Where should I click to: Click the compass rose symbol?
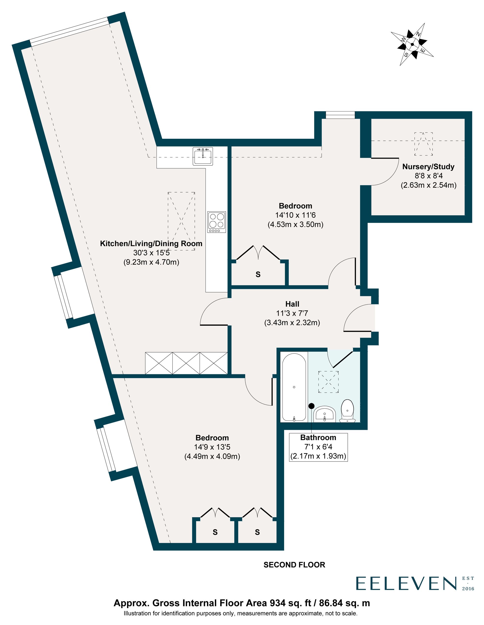(x=412, y=44)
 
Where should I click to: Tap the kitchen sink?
(x=203, y=156)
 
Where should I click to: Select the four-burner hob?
(x=217, y=222)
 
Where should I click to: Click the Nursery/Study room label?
(x=428, y=167)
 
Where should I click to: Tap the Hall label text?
(x=292, y=304)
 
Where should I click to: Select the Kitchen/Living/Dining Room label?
(x=151, y=243)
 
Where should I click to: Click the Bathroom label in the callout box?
(x=318, y=437)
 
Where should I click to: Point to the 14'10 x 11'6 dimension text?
(x=295, y=215)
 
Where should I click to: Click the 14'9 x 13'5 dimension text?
(x=212, y=447)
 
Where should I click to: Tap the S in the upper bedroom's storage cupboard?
(x=258, y=274)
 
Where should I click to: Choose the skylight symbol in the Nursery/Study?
(x=423, y=144)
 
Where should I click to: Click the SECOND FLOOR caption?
(x=295, y=565)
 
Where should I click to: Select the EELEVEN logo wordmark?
(x=406, y=583)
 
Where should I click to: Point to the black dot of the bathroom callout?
(x=311, y=406)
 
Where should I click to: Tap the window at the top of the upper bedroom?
(x=340, y=115)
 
